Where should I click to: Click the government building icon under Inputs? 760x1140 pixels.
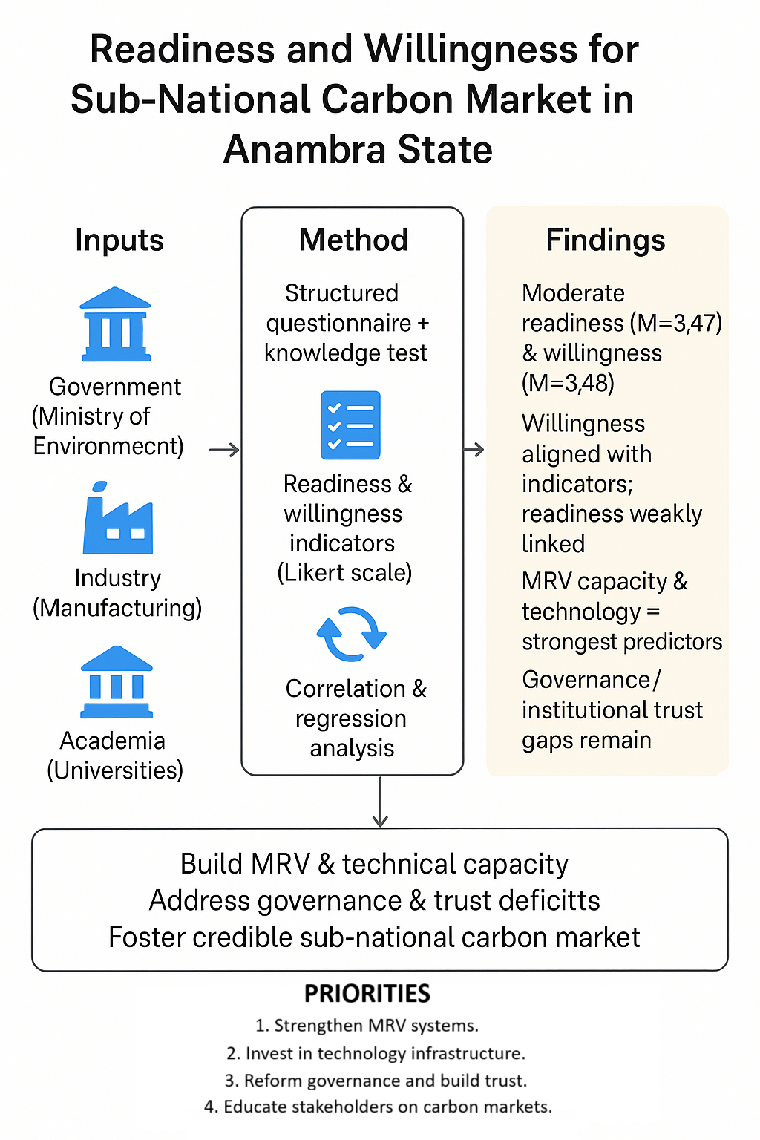(115, 324)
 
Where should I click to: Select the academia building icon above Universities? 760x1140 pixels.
(117, 682)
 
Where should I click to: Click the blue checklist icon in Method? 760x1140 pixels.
(350, 425)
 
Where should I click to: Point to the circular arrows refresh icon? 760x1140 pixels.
(351, 635)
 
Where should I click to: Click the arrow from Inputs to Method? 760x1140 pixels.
(223, 450)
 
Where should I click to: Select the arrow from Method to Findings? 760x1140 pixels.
(474, 450)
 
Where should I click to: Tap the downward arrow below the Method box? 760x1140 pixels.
(380, 802)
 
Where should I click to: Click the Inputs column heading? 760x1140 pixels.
(119, 240)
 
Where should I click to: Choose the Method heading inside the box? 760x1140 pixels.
(353, 240)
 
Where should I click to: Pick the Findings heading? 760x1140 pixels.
(606, 240)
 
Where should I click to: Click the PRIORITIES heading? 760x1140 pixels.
(367, 993)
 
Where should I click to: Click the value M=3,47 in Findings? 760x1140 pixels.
(675, 324)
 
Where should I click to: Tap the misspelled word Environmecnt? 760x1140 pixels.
(108, 446)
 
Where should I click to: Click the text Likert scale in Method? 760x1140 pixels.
(344, 573)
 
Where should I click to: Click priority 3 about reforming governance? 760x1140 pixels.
(376, 1081)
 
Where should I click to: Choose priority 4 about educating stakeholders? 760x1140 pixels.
(378, 1107)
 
